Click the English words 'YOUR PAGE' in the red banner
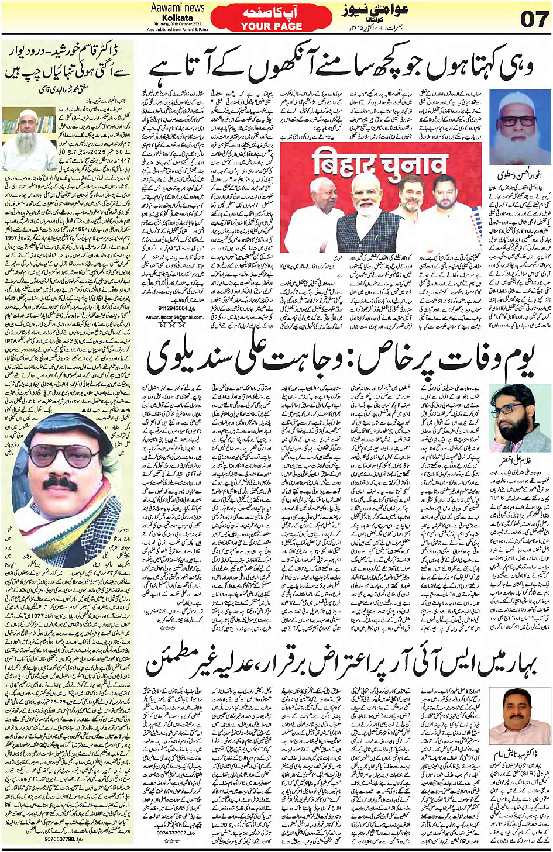coord(272,26)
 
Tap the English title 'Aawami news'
coord(177,8)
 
